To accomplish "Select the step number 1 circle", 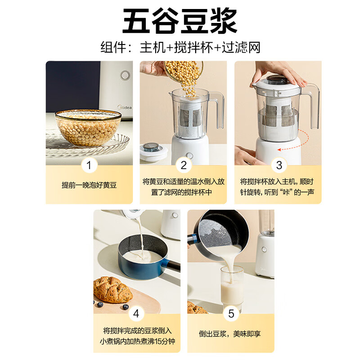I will coord(89,165).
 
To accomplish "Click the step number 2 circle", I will coord(183,165).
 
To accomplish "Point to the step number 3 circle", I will coord(279,165).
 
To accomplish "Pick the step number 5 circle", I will coord(231,314).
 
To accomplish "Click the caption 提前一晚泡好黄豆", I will coord(89,185).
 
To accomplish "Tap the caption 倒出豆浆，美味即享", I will coord(231,334).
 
